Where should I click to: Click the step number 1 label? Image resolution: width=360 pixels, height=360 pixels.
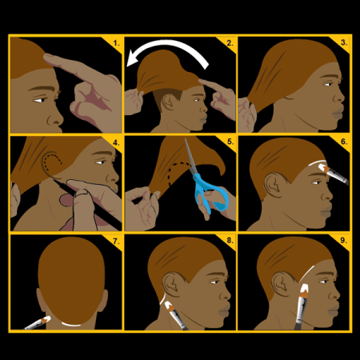tap(116, 43)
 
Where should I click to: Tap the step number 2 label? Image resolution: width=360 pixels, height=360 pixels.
tap(230, 43)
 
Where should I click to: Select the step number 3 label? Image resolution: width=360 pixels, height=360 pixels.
tap(344, 42)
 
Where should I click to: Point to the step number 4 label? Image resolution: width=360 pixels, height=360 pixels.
tap(116, 142)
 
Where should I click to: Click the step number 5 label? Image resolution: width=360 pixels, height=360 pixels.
tap(230, 142)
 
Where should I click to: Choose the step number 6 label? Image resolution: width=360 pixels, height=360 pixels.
tap(344, 142)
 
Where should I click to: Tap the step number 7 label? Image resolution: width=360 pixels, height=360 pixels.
tap(116, 242)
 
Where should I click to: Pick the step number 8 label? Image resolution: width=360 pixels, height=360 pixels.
tap(230, 241)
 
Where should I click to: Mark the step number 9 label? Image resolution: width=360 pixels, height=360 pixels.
tap(343, 241)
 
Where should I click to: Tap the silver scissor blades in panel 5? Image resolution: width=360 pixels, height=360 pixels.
tap(191, 158)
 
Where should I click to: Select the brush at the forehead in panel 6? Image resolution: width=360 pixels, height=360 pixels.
tap(334, 174)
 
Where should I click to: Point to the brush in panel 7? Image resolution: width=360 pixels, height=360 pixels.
tap(38, 323)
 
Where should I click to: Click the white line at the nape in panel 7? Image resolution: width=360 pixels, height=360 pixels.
tap(71, 325)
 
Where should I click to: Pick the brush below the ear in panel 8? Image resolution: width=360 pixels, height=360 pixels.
tap(176, 315)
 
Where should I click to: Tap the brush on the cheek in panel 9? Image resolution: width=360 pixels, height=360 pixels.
tap(302, 306)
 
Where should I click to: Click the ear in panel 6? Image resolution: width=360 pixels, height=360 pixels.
tap(274, 185)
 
